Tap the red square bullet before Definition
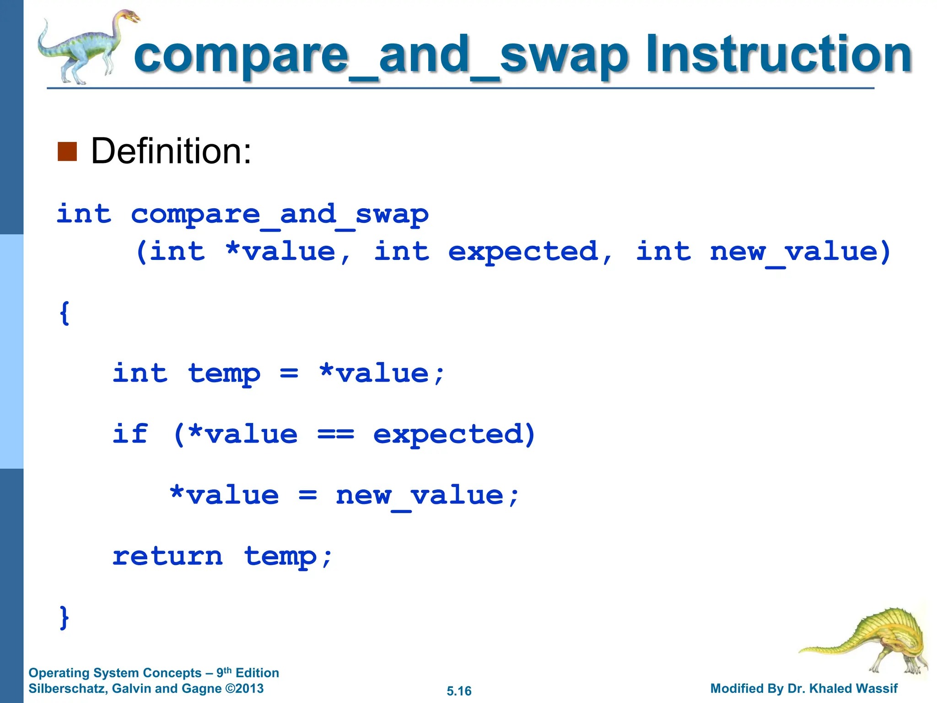67,151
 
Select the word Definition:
171,151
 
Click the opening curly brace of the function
65,313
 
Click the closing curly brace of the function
65,617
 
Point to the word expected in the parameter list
523,252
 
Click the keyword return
167,556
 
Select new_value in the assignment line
420,496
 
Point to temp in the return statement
280,557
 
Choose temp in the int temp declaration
224,374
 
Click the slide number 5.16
459,691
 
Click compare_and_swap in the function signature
280,215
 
